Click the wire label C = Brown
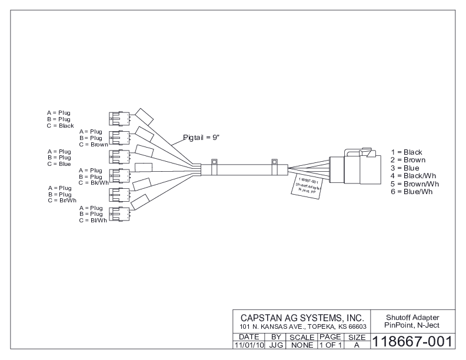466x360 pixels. point(93,144)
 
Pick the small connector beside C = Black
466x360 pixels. point(119,118)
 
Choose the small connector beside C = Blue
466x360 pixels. point(119,157)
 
